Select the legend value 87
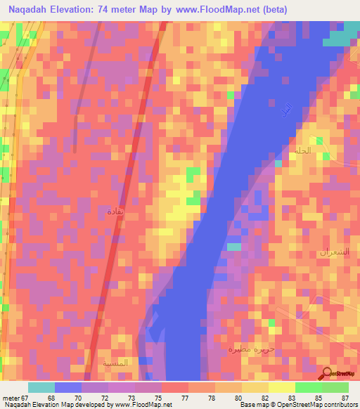click(x=345, y=398)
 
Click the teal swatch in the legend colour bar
click(x=41, y=387)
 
